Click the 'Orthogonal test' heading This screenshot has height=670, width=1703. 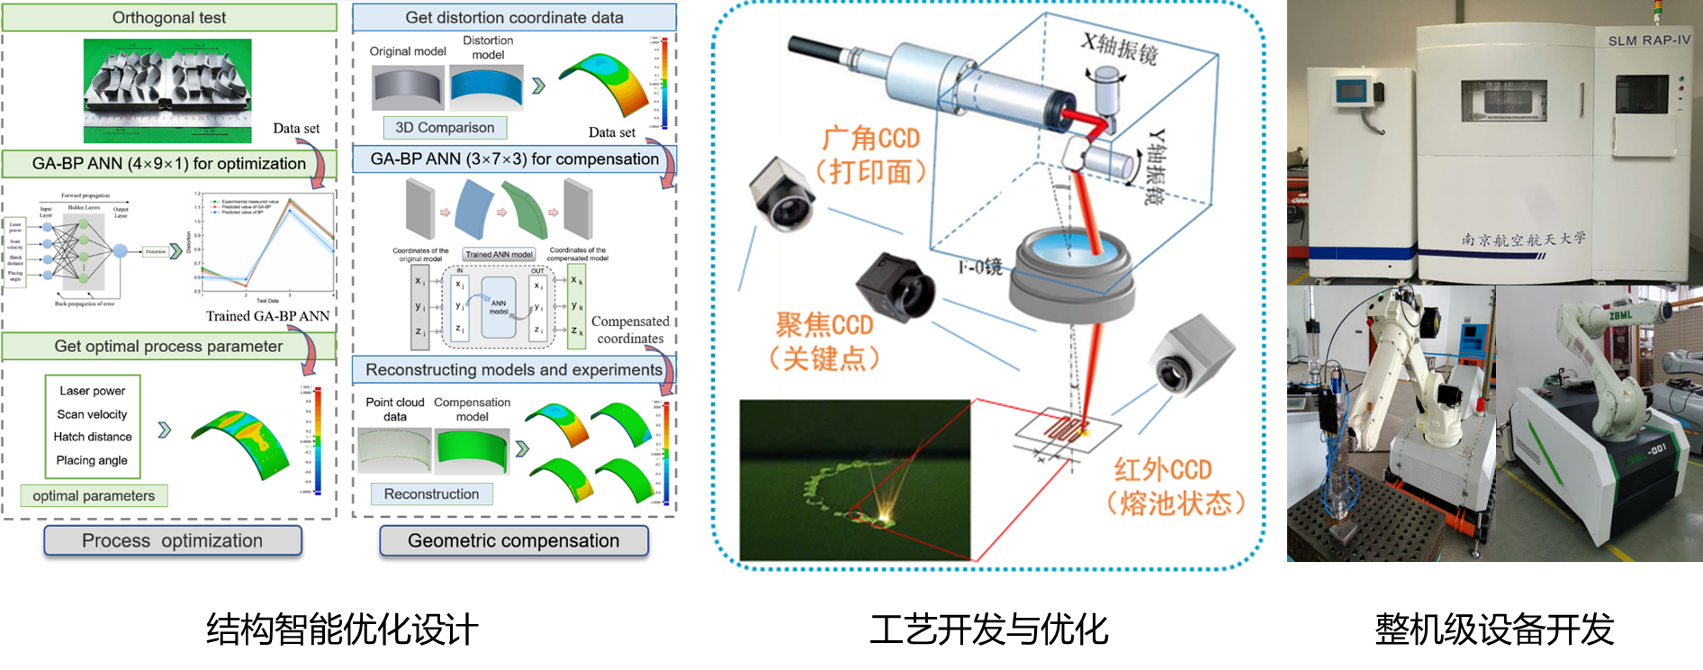169,18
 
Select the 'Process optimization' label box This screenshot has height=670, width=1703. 173,540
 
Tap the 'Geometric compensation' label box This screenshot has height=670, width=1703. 513,540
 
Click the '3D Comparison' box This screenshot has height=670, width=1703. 445,128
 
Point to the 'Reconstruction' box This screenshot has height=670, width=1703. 431,493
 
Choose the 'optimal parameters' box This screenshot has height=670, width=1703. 94,495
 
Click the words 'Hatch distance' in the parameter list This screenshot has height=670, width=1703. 93,437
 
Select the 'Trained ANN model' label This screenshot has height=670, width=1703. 499,254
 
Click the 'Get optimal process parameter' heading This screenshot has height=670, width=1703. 168,347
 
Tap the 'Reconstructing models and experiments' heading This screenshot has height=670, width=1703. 513,370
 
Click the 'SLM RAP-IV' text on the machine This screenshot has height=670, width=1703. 1649,41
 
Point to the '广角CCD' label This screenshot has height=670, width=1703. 871,139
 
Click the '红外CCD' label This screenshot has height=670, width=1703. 1163,470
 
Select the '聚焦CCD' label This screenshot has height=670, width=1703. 824,325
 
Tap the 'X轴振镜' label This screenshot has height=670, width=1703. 1120,48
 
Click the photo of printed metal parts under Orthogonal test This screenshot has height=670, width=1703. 167,90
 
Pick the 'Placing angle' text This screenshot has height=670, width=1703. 93,460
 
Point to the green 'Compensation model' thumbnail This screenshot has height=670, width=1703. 472,450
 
